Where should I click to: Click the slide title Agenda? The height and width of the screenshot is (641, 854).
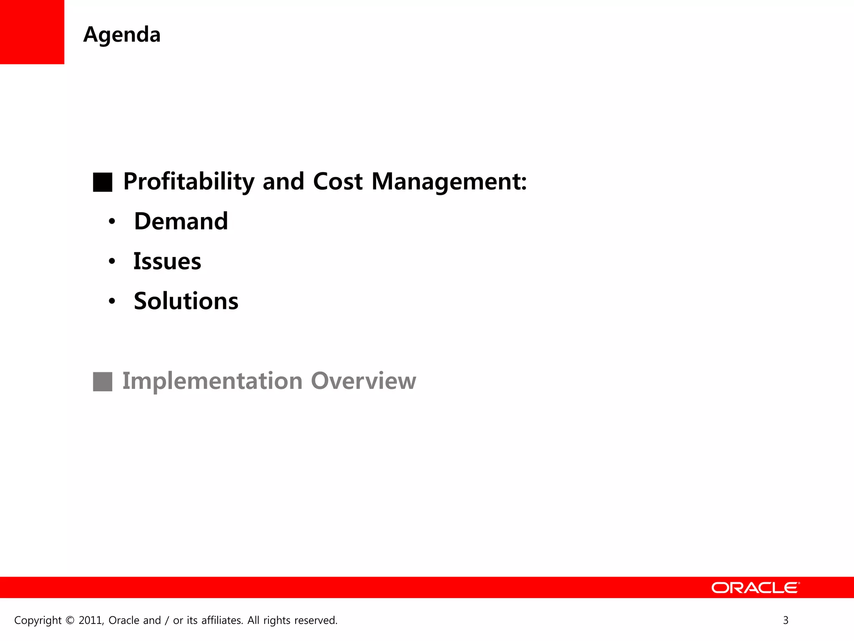coord(122,35)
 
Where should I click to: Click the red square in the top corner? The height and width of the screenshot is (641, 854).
coord(32,32)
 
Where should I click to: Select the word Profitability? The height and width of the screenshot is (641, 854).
coord(188,182)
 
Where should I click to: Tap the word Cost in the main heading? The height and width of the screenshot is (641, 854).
coord(337,182)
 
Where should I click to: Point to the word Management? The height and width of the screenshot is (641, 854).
coord(449,182)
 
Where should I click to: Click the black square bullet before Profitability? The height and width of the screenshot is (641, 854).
coord(103,182)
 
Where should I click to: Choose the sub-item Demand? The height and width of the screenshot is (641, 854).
coord(181,221)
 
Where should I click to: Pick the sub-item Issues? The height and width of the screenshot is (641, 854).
coord(167,261)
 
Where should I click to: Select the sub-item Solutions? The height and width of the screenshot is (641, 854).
coord(186,301)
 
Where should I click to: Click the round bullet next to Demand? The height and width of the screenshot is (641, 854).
coord(111,222)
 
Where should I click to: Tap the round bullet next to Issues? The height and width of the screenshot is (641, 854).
coord(111,262)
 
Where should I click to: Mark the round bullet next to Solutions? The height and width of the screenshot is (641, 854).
coord(111,302)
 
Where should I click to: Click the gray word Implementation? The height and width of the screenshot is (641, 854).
coord(212,381)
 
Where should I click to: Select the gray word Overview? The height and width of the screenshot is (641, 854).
coord(363,381)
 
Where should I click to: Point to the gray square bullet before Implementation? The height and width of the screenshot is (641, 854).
coord(103,381)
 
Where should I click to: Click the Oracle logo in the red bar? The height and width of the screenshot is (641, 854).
coord(755,588)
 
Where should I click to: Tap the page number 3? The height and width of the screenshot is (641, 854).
coord(786,621)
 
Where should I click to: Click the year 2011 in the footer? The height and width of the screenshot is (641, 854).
coord(90,621)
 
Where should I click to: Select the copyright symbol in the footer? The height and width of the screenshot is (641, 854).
coord(70,621)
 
